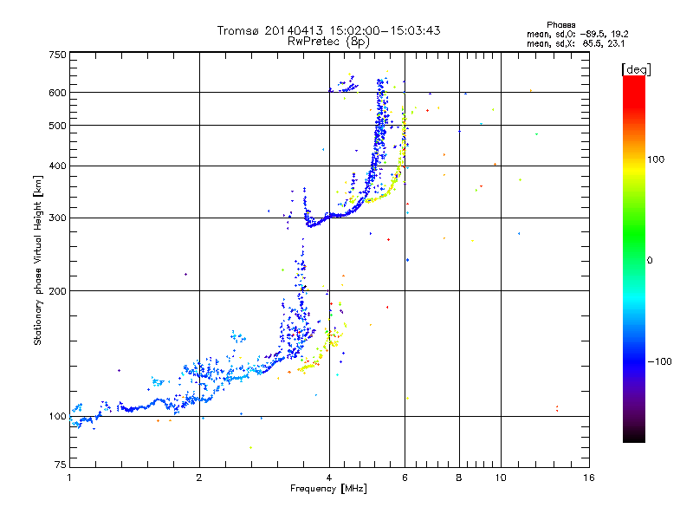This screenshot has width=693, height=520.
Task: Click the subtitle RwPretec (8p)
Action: pos(328,42)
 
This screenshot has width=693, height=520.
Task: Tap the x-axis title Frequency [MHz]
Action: pos(328,489)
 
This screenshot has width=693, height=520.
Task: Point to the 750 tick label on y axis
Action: pos(57,55)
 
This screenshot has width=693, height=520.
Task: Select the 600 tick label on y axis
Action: pos(57,93)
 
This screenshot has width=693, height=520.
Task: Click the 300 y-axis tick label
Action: pos(57,218)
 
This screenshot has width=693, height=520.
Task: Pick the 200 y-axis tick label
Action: pos(57,290)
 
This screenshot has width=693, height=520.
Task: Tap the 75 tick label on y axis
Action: pos(61,465)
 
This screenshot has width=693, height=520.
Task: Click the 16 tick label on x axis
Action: pos(589,478)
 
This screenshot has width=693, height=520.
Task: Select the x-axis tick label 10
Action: pos(501,478)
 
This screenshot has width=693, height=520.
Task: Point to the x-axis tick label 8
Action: pos(459,478)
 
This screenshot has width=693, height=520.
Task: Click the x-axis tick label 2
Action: pos(199,478)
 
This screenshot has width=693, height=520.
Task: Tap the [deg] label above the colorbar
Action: pos(636,69)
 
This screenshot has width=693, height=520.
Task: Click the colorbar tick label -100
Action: pos(659,361)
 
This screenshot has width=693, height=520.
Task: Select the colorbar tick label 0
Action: pos(650,261)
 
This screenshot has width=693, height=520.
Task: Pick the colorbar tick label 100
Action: pos(656,159)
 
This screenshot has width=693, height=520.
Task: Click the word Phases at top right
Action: pos(560,25)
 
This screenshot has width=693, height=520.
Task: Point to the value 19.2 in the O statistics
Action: pos(619,34)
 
